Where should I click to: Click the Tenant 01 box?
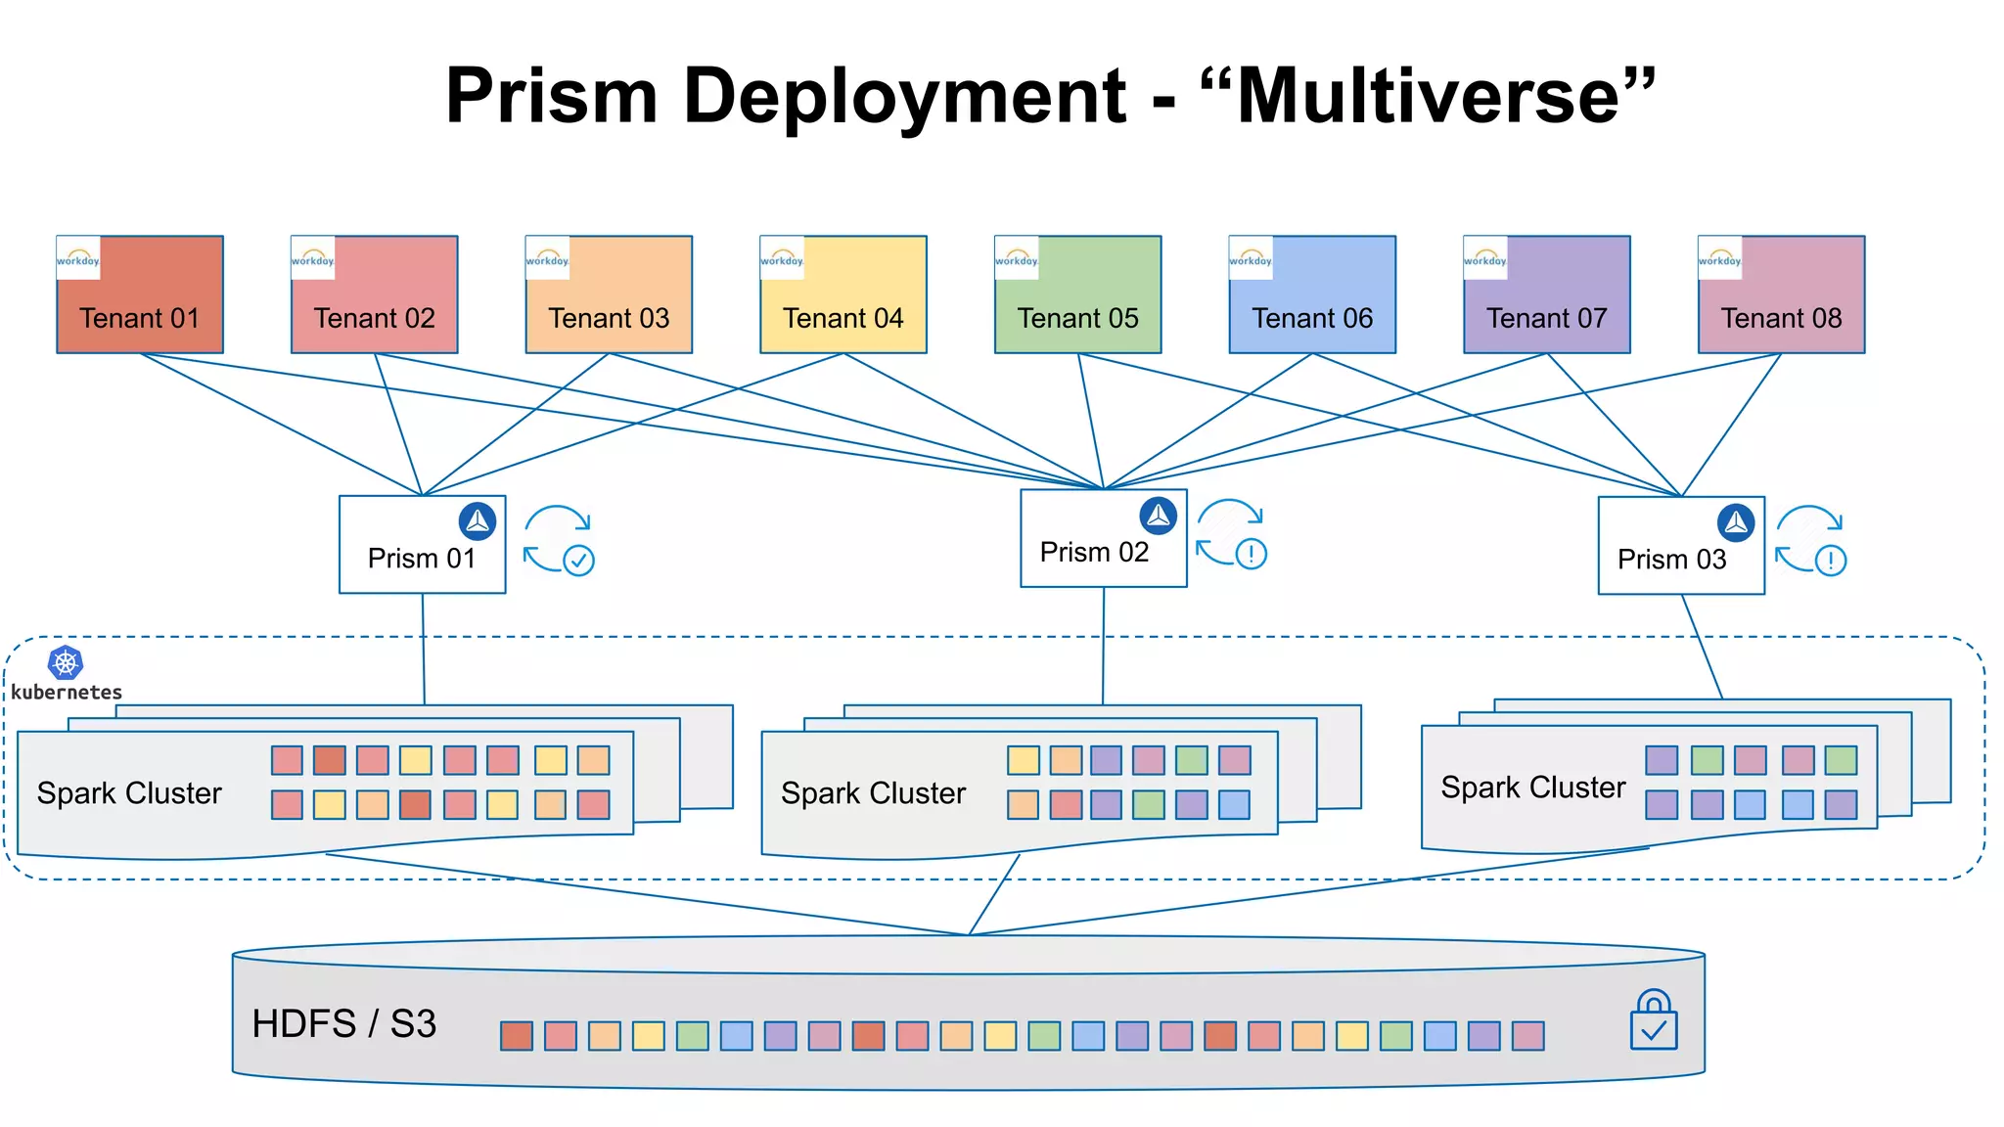coord(140,294)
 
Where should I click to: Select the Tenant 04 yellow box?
coord(843,294)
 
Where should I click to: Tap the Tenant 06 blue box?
coord(1312,294)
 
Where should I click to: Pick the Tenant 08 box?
coord(1781,294)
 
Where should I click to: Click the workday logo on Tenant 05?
coord(1017,258)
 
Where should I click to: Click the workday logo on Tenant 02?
coord(313,258)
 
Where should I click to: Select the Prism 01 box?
coord(422,544)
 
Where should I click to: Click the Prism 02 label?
coord(1094,553)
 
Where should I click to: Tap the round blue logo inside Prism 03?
coord(1736,522)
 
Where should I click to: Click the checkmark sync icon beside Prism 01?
coord(560,539)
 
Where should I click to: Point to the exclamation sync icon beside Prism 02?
coord(1231,533)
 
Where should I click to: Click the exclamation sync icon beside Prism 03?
coord(1810,539)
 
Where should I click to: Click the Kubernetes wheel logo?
coord(66,663)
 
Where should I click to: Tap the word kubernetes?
coord(67,693)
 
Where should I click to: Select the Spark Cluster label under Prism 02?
coord(873,793)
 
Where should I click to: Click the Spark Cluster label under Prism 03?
coord(1532,788)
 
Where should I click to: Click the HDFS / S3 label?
coord(343,1024)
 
